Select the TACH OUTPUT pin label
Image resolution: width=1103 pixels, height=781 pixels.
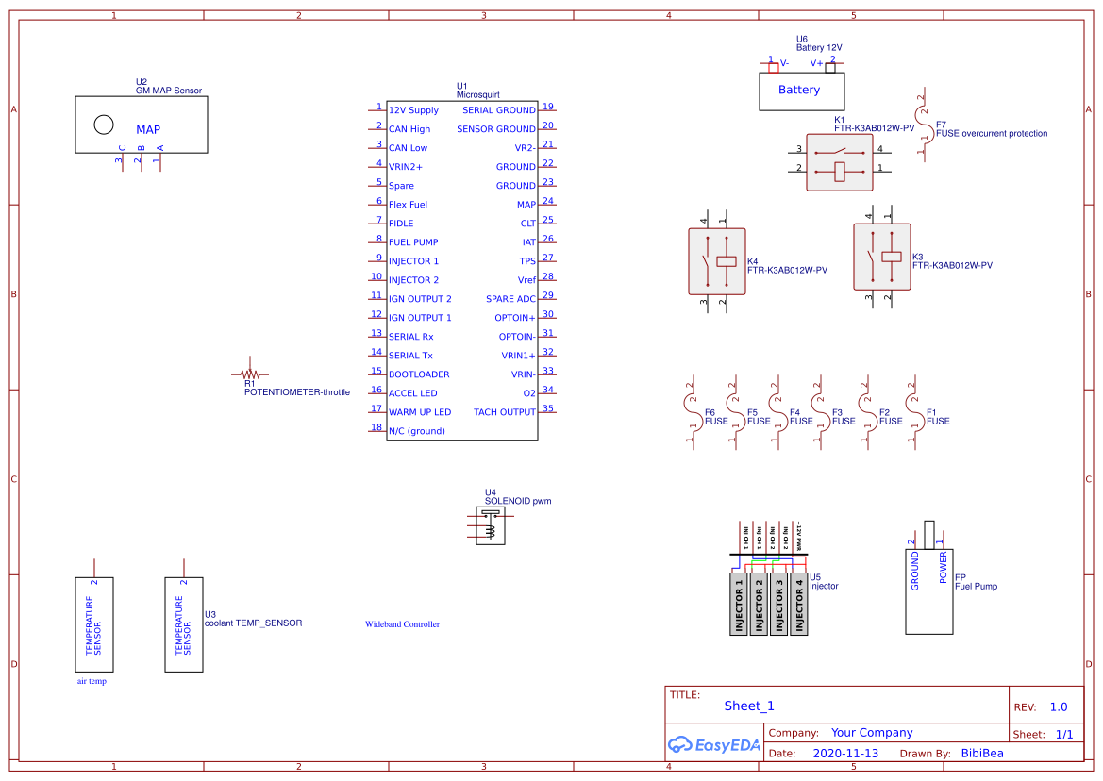(504, 412)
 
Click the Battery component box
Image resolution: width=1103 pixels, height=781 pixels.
(802, 91)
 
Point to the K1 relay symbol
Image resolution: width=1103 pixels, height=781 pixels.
(839, 161)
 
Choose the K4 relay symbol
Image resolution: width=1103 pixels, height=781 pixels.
(717, 260)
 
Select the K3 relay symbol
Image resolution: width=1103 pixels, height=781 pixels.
(881, 256)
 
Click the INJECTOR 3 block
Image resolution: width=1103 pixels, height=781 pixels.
(779, 604)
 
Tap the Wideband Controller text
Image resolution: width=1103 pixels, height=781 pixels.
(402, 624)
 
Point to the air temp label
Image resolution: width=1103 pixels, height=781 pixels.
(92, 681)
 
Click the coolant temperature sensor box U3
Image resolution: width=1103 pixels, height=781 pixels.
(184, 624)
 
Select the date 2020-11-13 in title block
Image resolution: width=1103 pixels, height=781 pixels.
(844, 754)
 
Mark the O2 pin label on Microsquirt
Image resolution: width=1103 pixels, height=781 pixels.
(528, 393)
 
